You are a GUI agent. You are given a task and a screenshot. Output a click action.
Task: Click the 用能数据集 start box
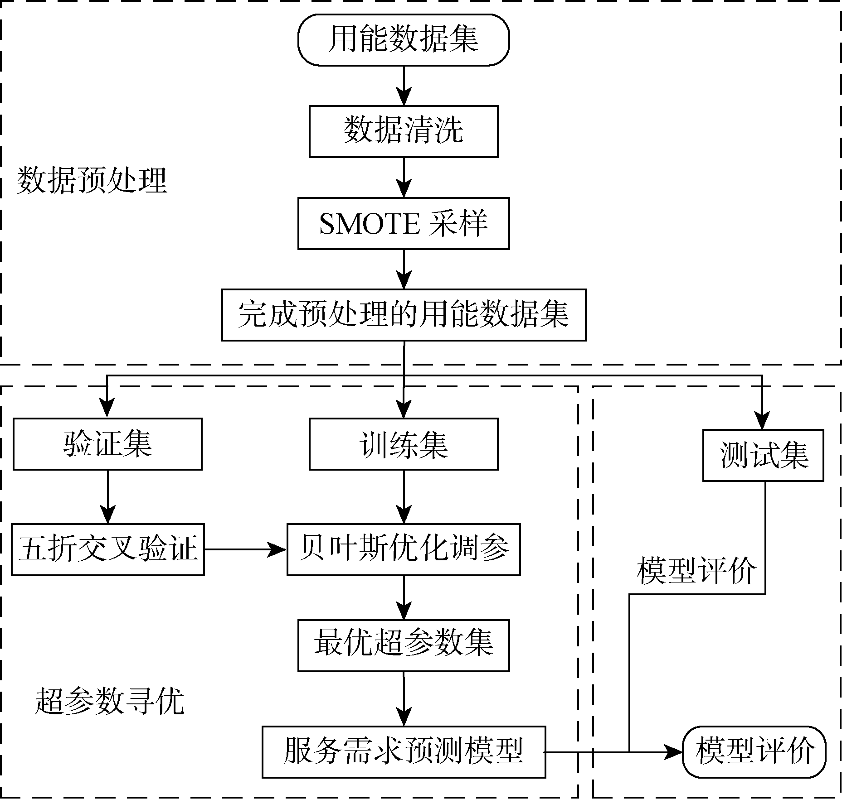click(x=403, y=40)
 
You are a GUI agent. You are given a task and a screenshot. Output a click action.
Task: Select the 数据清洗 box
click(x=403, y=131)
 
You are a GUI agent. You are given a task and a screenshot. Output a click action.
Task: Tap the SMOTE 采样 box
click(x=403, y=223)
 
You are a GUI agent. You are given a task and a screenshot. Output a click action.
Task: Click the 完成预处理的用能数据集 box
click(x=403, y=315)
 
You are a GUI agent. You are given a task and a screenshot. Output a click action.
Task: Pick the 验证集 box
click(x=107, y=444)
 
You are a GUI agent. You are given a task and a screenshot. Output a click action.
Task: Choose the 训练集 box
click(x=403, y=444)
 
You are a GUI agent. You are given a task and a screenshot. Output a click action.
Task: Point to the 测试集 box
click(x=763, y=455)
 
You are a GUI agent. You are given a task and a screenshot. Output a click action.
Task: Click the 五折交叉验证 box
click(x=107, y=549)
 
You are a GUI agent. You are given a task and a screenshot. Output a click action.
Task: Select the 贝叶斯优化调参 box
click(x=403, y=549)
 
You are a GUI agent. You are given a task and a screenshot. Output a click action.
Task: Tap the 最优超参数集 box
click(x=403, y=645)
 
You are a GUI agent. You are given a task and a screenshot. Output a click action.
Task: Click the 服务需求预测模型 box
click(x=403, y=752)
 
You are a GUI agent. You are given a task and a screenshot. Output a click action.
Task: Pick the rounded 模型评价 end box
click(x=754, y=752)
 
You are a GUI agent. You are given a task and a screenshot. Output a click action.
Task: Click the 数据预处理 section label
click(x=92, y=181)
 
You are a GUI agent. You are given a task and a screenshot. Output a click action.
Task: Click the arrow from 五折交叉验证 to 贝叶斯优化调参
click(x=245, y=549)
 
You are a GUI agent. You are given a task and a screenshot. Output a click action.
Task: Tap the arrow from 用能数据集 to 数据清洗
click(x=403, y=86)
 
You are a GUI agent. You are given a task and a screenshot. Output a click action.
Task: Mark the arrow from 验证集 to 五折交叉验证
click(x=107, y=496)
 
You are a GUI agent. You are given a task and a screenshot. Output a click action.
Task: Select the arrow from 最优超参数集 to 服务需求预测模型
click(x=403, y=699)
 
